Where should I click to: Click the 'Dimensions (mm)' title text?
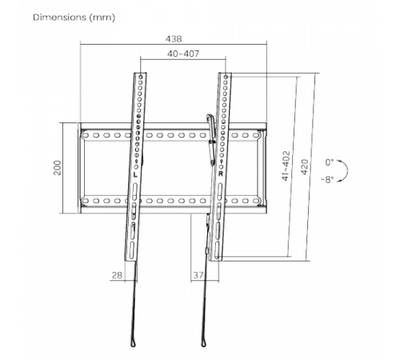(x=74, y=18)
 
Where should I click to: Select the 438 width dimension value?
(x=174, y=39)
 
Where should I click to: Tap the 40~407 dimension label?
(x=183, y=54)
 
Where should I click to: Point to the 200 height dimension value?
(x=58, y=168)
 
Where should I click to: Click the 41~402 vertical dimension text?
(x=286, y=166)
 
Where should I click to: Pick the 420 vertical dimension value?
(x=305, y=167)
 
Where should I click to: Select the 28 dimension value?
(x=117, y=275)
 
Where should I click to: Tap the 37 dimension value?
(x=198, y=275)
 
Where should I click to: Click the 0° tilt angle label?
(x=330, y=162)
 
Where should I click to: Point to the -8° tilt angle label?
(x=327, y=179)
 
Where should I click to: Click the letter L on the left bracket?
(x=135, y=175)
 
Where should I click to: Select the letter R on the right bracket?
(x=221, y=174)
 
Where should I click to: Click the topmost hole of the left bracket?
(x=141, y=77)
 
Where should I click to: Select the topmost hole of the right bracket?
(x=226, y=77)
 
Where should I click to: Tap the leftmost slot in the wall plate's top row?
(x=86, y=135)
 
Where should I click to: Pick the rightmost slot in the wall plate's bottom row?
(x=256, y=201)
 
